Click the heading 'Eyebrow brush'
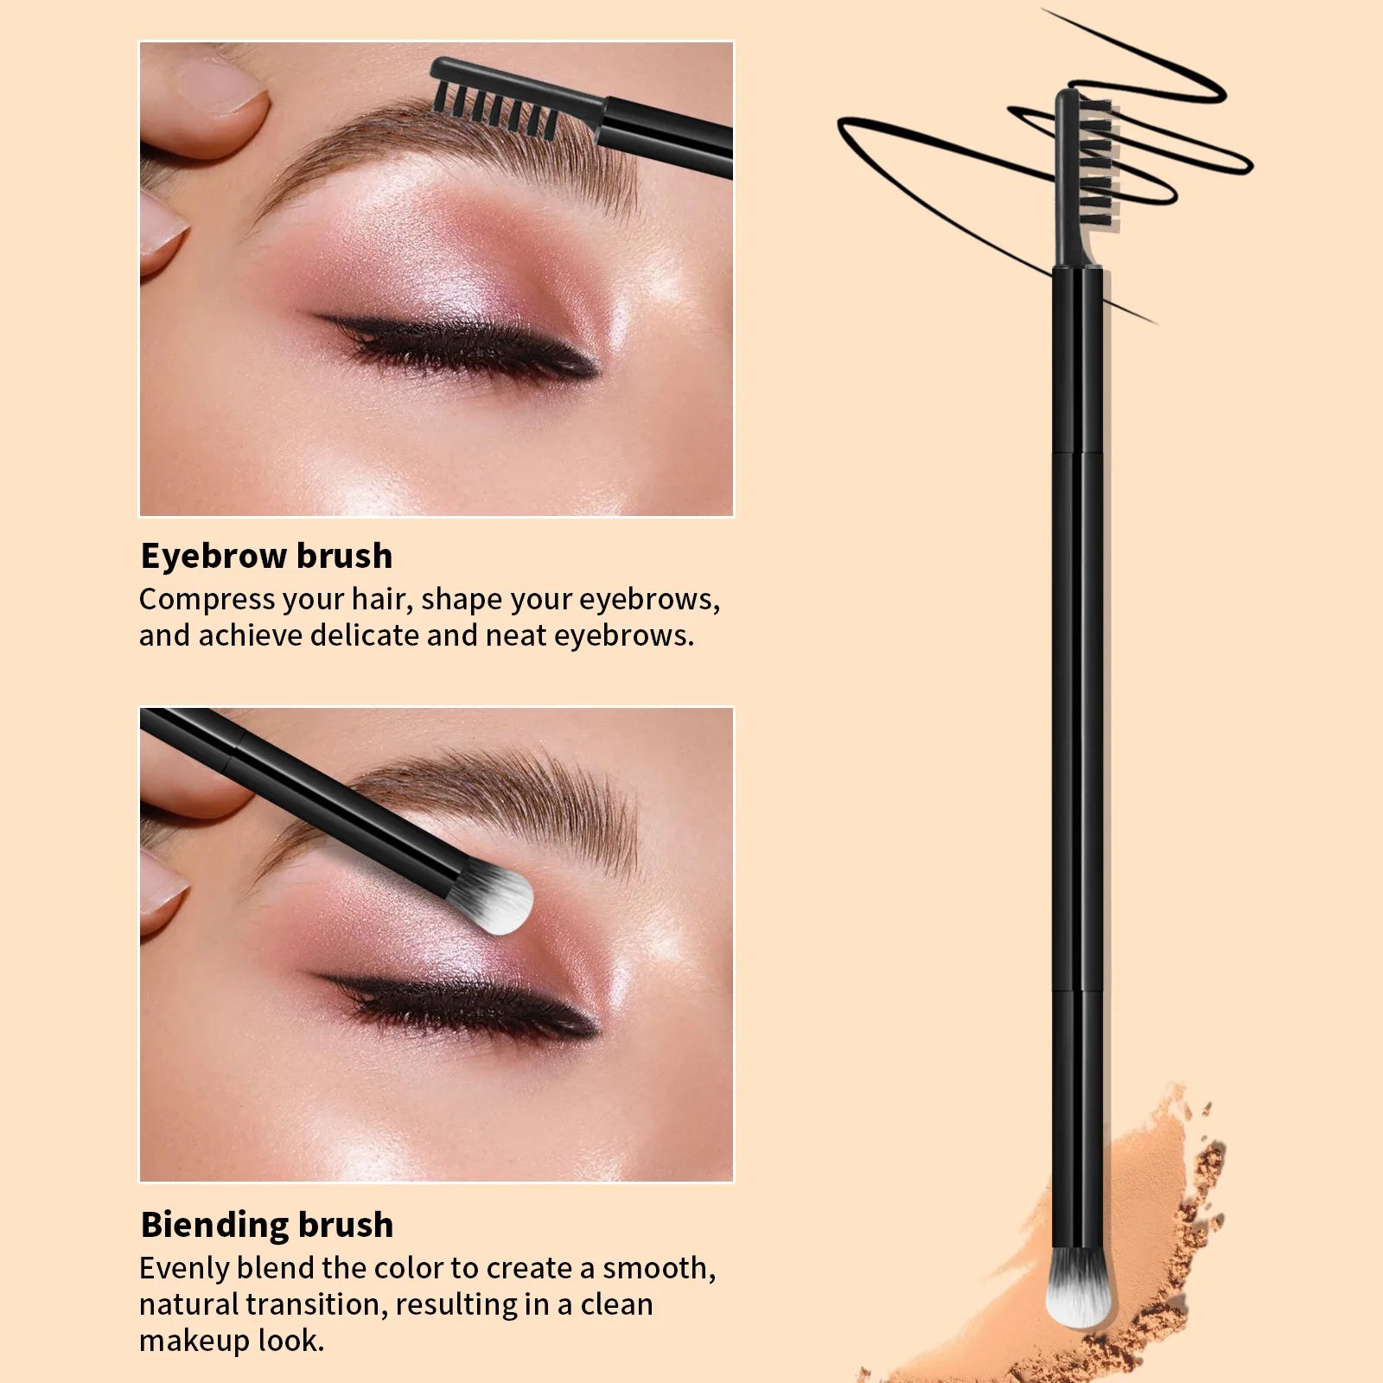[x=266, y=556]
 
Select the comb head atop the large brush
[x=1082, y=177]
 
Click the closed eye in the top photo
[x=458, y=346]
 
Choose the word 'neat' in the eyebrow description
[x=519, y=636]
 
